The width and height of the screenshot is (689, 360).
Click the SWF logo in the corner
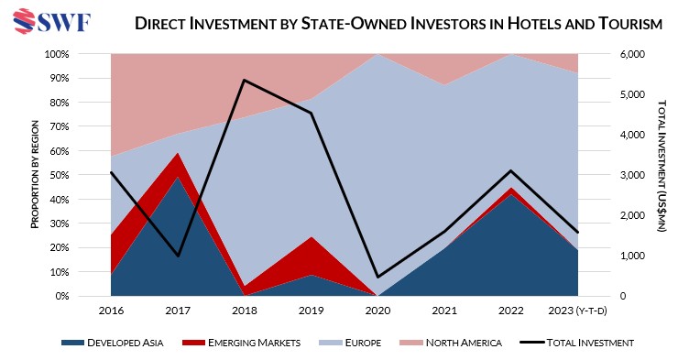point(49,20)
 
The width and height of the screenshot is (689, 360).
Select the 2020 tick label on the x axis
point(378,311)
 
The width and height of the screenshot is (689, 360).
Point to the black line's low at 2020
point(378,277)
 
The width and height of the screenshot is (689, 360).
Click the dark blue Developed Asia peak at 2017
point(179,178)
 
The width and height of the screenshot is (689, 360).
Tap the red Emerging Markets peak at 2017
point(179,154)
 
